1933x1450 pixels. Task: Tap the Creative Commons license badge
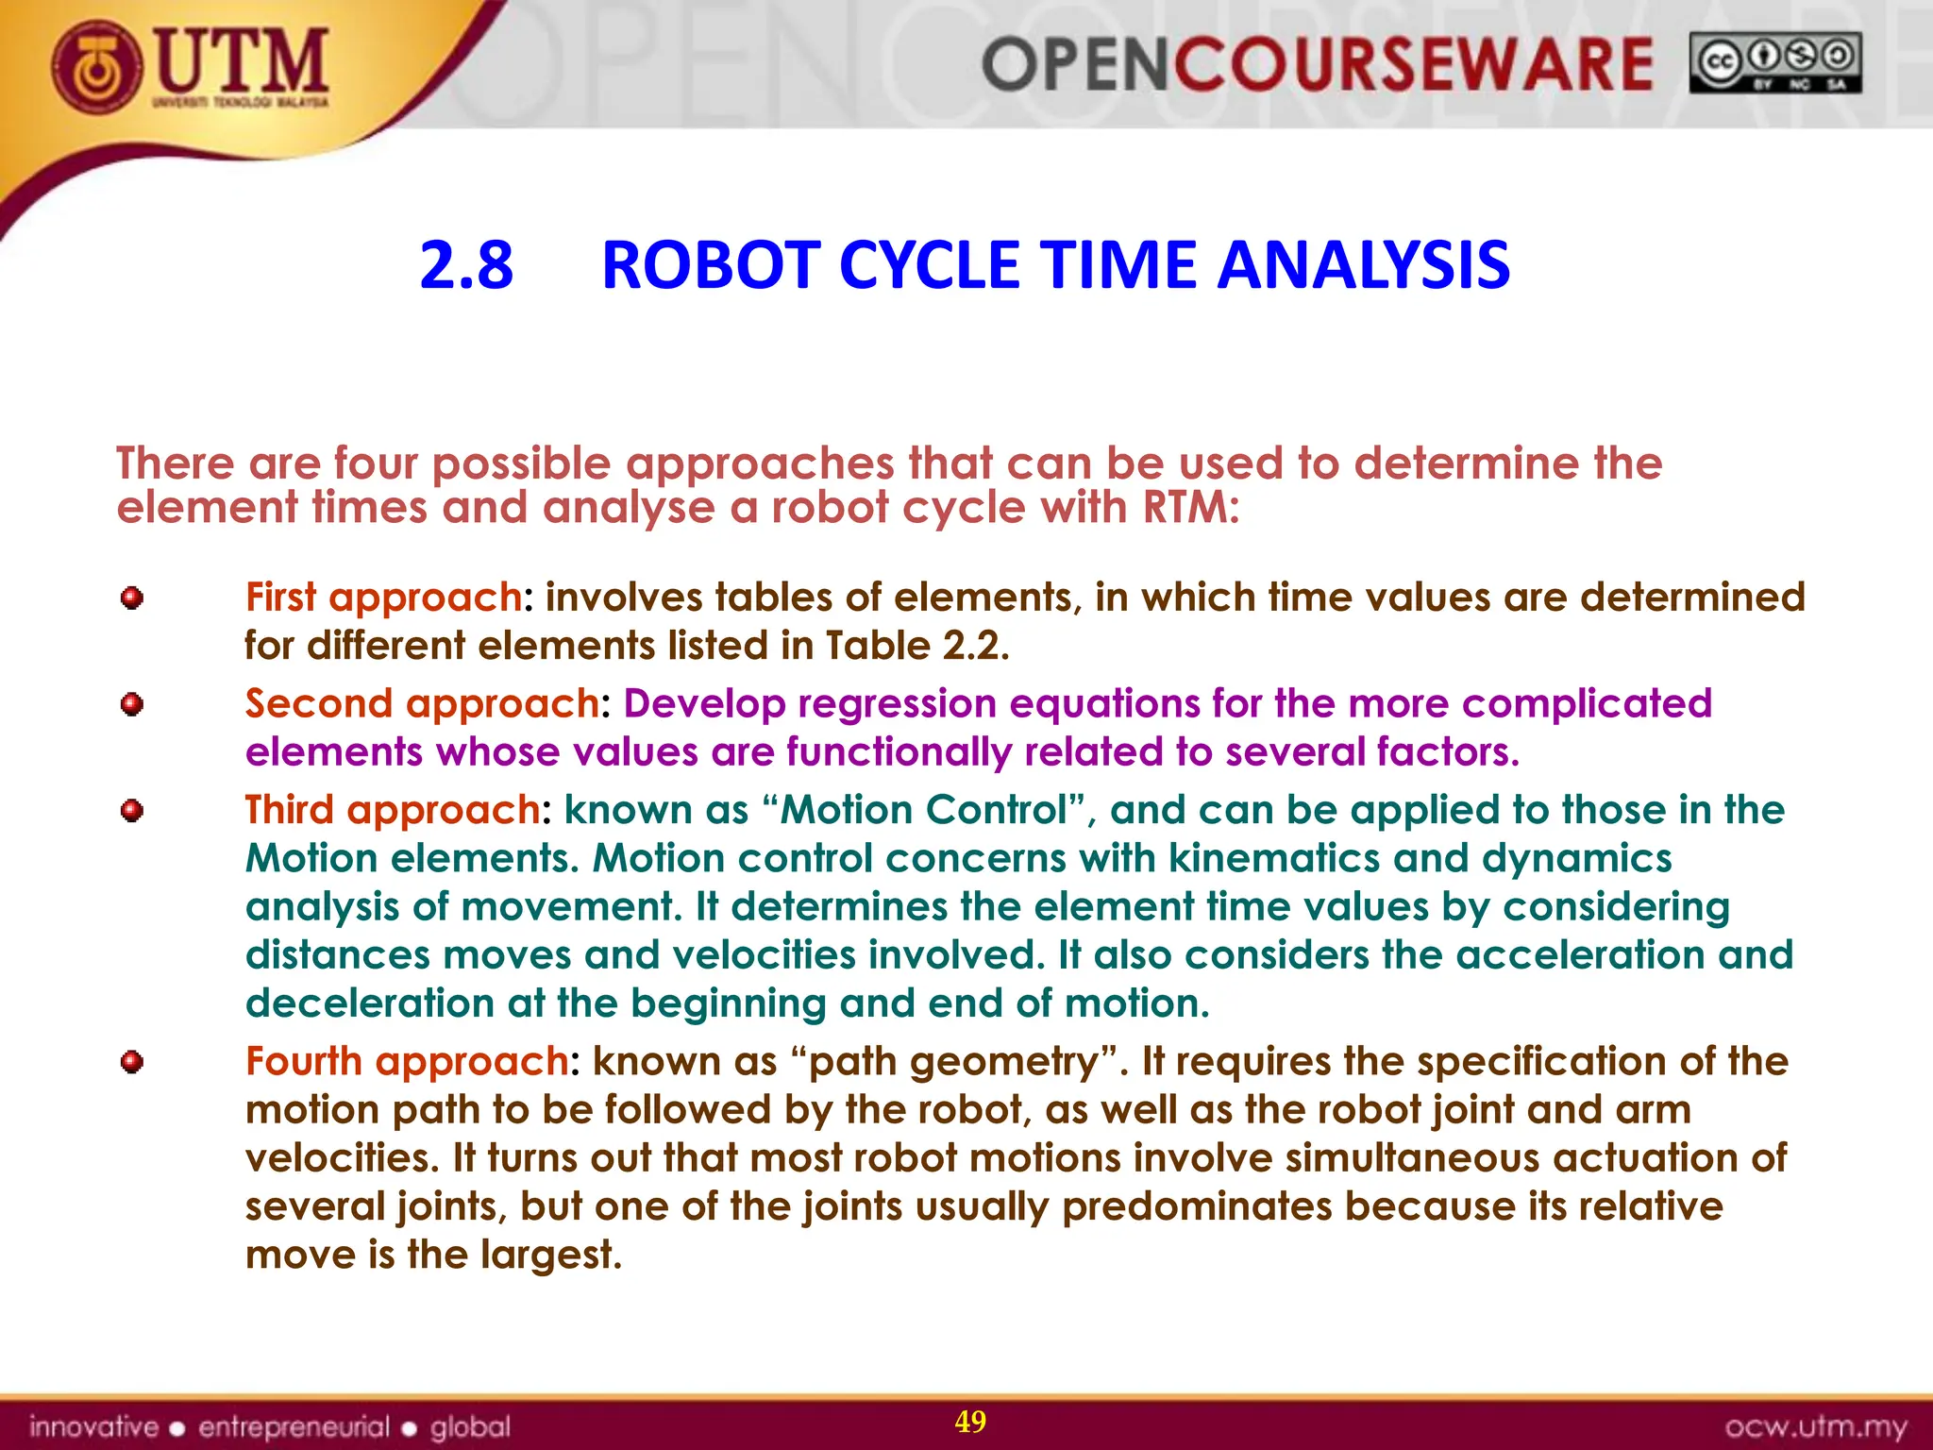pyautogui.click(x=1774, y=63)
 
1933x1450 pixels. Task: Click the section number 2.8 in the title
pyautogui.click(x=466, y=265)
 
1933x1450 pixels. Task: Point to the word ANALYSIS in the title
pyautogui.click(x=1363, y=265)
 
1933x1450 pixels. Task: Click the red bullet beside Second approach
pyautogui.click(x=132, y=704)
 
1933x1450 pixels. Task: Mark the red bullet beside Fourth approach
pyautogui.click(x=132, y=1062)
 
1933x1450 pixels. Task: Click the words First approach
pyautogui.click(x=383, y=598)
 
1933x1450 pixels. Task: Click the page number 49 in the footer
pyautogui.click(x=970, y=1422)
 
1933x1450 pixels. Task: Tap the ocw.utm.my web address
pyautogui.click(x=1815, y=1426)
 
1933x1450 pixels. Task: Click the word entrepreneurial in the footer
pyautogui.click(x=294, y=1426)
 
